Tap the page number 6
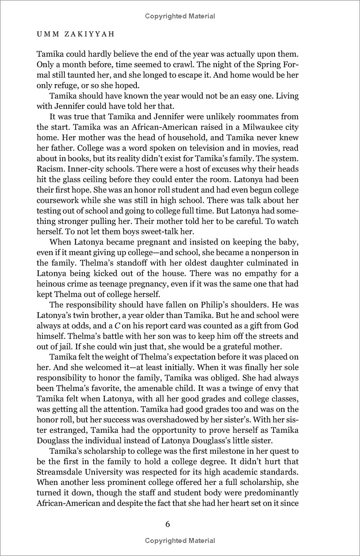180,524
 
